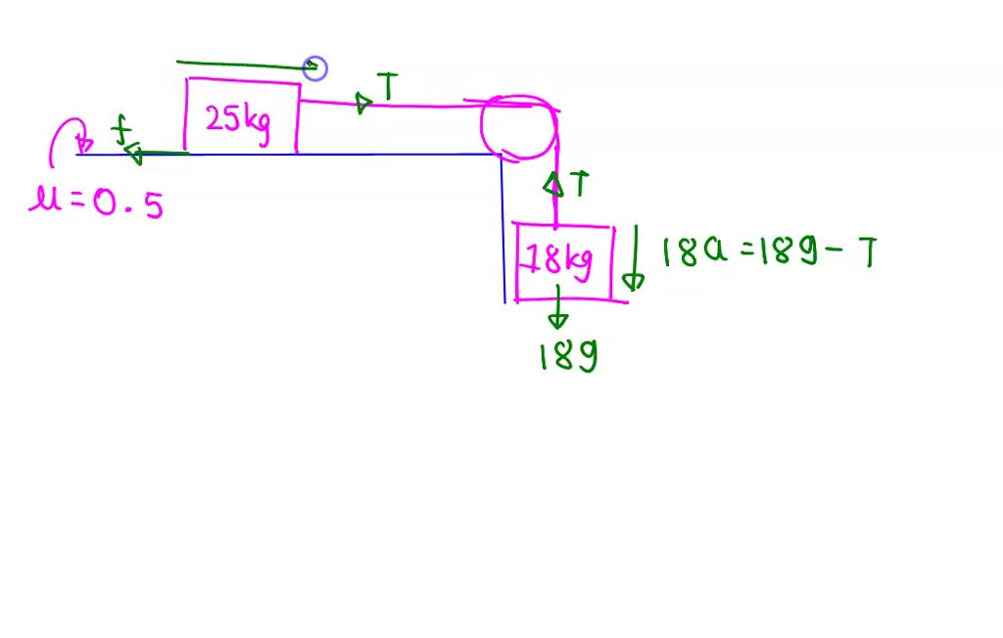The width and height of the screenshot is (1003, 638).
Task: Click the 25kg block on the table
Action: pos(242,117)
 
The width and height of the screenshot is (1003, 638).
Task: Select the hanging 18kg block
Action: pos(564,261)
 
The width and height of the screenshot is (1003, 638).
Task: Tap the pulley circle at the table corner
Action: pos(519,128)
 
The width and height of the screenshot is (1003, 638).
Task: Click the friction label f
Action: pos(120,130)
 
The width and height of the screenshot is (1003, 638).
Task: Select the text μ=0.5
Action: pos(96,204)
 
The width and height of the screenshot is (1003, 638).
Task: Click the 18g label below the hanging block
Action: pos(568,356)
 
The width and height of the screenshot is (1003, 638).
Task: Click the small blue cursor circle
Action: pos(314,68)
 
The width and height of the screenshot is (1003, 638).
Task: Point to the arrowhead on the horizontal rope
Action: pos(364,102)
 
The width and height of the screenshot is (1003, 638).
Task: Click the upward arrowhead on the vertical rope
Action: pos(553,183)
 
